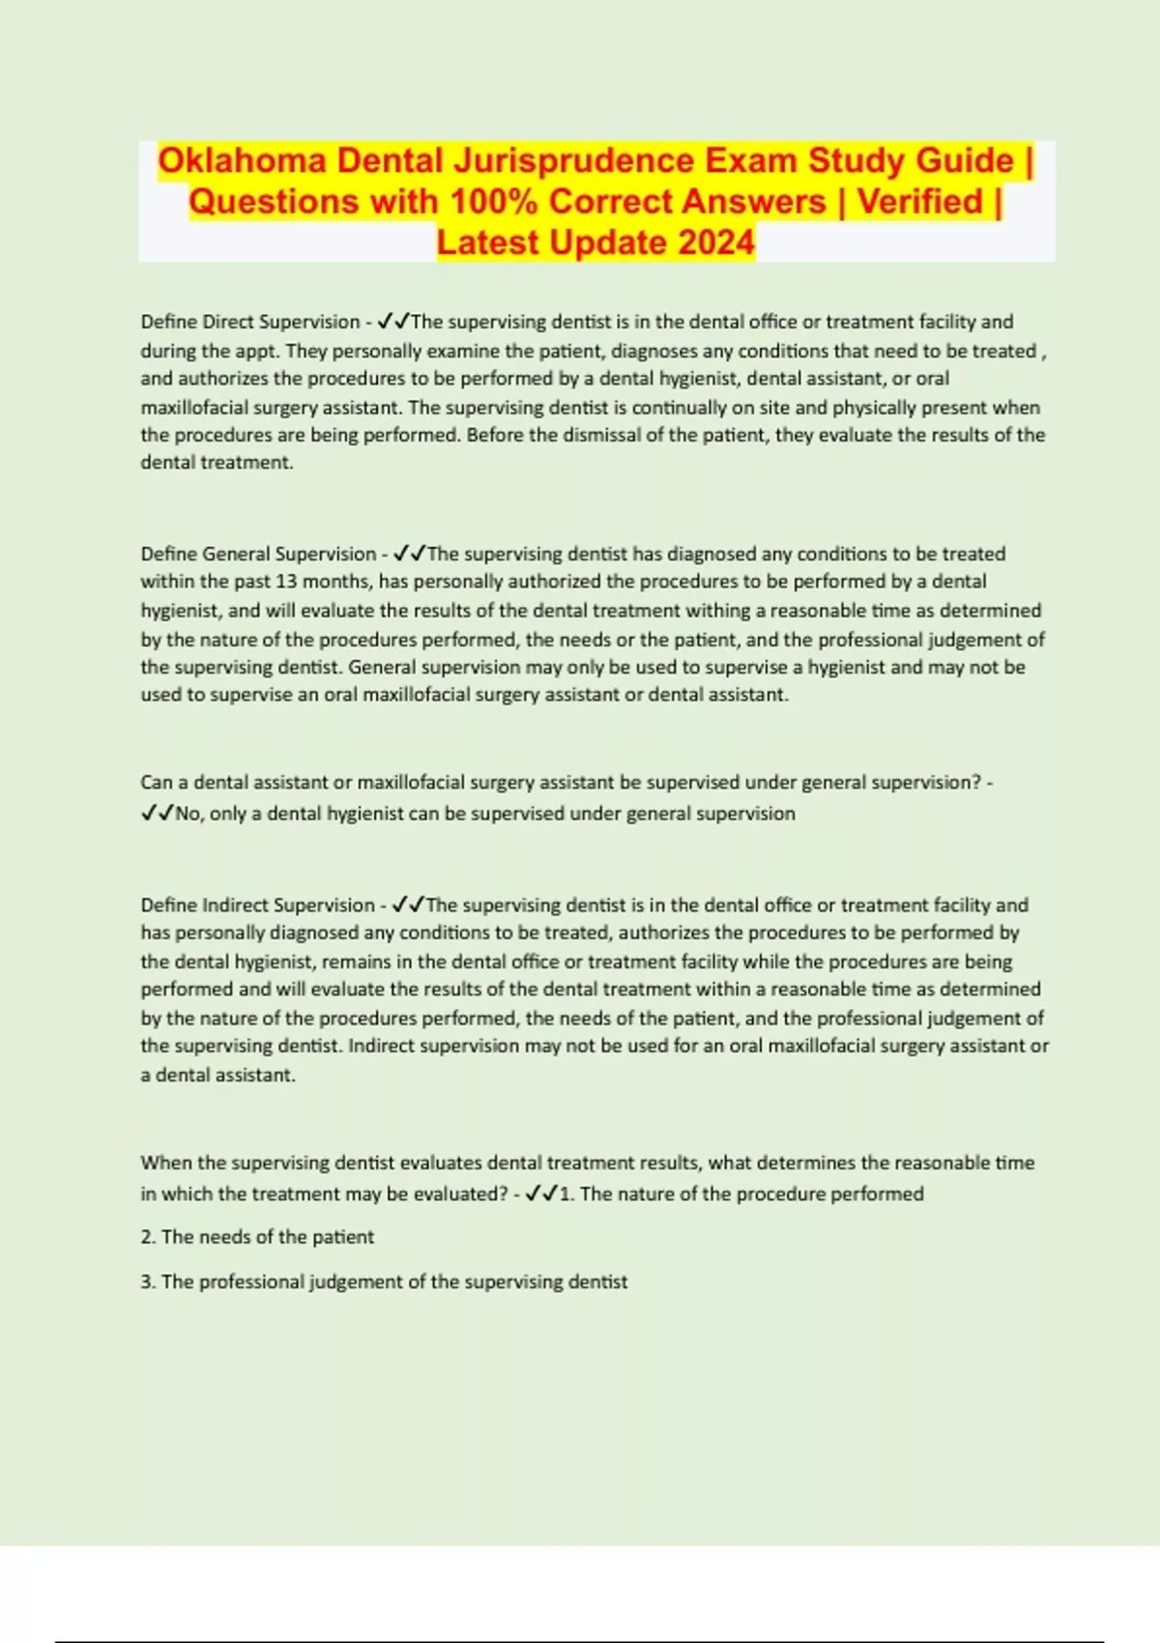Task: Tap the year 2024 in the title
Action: [x=715, y=243]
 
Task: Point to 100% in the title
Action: [x=494, y=202]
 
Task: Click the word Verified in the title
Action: [x=919, y=202]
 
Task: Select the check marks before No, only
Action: [x=157, y=814]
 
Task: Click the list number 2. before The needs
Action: [x=148, y=1237]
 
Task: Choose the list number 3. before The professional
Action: [x=148, y=1282]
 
